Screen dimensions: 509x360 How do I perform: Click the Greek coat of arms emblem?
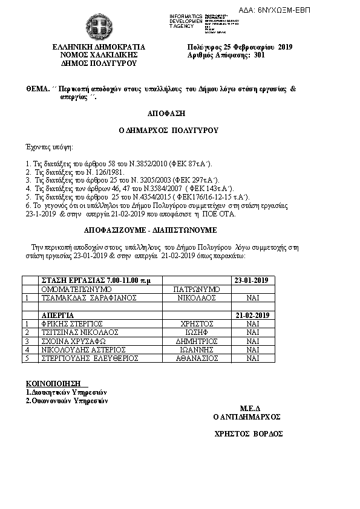point(98,26)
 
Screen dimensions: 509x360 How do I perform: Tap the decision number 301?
point(260,54)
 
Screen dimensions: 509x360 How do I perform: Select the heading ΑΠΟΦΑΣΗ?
point(165,113)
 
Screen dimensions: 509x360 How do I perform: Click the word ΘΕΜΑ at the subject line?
point(37,88)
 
